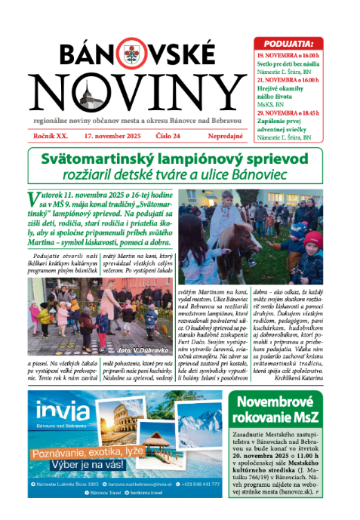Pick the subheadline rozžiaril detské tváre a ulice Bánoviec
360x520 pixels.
point(180,176)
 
